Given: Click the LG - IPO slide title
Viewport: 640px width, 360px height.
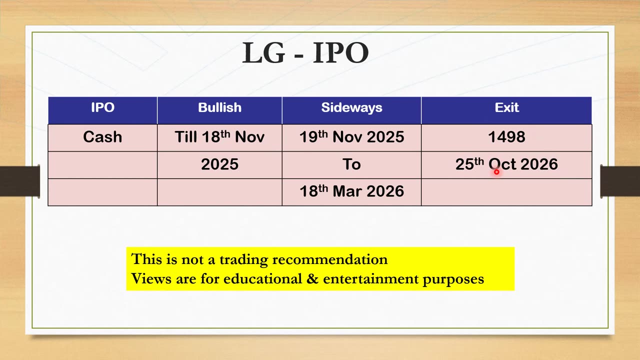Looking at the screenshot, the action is pos(305,52).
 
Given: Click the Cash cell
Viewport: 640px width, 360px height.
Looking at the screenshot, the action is pos(102,137).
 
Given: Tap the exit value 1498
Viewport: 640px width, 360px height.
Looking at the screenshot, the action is pos(506,137).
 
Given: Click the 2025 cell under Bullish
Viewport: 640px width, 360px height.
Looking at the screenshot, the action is pos(219,164).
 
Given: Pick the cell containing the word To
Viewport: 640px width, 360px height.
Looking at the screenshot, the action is pos(351,164).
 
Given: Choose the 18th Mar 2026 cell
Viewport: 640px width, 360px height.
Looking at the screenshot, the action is pos(351,191).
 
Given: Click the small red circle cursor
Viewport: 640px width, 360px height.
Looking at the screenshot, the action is pos(496,172).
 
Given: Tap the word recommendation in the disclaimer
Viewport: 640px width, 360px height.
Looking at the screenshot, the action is pos(330,259).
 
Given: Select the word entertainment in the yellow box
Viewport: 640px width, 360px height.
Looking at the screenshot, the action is pos(371,279).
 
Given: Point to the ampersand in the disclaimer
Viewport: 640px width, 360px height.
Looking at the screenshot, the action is pos(312,279).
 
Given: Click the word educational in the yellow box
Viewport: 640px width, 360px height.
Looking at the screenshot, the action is pos(262,279).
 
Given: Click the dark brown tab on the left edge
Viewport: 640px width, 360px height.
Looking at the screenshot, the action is pos(19,181).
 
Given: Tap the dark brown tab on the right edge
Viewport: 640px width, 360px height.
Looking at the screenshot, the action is pos(620,181).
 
